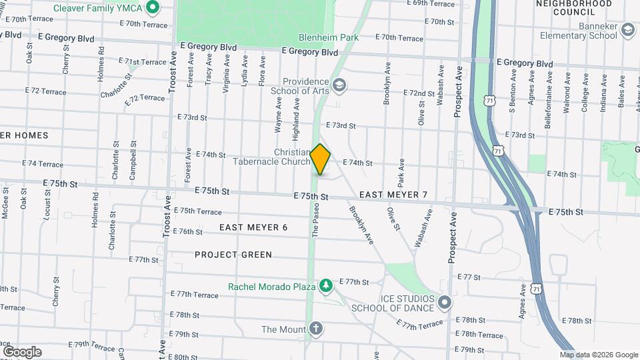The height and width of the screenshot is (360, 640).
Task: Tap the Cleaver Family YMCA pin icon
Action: (152, 8)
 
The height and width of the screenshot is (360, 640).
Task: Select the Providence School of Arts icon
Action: (339, 85)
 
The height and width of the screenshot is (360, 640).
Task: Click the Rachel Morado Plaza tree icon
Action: (325, 286)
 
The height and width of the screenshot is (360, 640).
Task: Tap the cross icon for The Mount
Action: (315, 329)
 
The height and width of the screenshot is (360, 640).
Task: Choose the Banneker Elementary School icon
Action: (627, 29)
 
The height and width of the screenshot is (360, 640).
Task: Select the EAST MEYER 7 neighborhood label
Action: (393, 195)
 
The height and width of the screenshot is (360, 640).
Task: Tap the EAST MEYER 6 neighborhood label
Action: (253, 227)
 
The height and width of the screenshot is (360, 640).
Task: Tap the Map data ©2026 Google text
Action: (599, 355)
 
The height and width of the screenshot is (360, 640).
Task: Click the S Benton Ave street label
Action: (513, 96)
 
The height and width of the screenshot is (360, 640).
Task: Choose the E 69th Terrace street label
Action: (433, 3)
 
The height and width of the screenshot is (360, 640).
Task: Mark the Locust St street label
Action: (47, 213)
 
